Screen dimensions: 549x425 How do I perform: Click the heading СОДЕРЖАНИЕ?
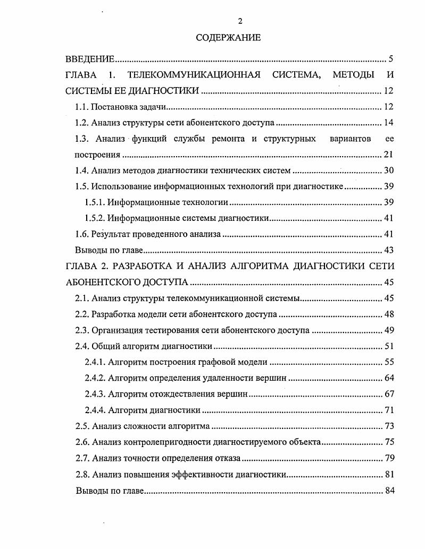pyautogui.click(x=228, y=38)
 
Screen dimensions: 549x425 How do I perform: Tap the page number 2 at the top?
pyautogui.click(x=240, y=21)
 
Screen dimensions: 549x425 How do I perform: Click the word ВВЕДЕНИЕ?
pyautogui.click(x=90, y=59)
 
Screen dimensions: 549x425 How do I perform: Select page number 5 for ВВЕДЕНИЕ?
pyautogui.click(x=390, y=59)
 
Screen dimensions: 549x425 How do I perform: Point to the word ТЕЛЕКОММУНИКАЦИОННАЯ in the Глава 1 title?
pyautogui.click(x=194, y=75)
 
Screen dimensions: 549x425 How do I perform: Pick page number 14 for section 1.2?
pyautogui.click(x=388, y=123)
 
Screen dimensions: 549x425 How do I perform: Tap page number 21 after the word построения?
pyautogui.click(x=388, y=155)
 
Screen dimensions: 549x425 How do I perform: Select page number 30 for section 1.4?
pyautogui.click(x=388, y=171)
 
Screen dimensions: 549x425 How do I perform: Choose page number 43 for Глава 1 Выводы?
pyautogui.click(x=388, y=251)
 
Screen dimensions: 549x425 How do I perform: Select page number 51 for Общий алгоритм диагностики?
pyautogui.click(x=388, y=347)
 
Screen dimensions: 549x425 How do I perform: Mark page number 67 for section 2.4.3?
pyautogui.click(x=388, y=394)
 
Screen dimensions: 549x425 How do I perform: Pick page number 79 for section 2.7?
pyautogui.click(x=388, y=458)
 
